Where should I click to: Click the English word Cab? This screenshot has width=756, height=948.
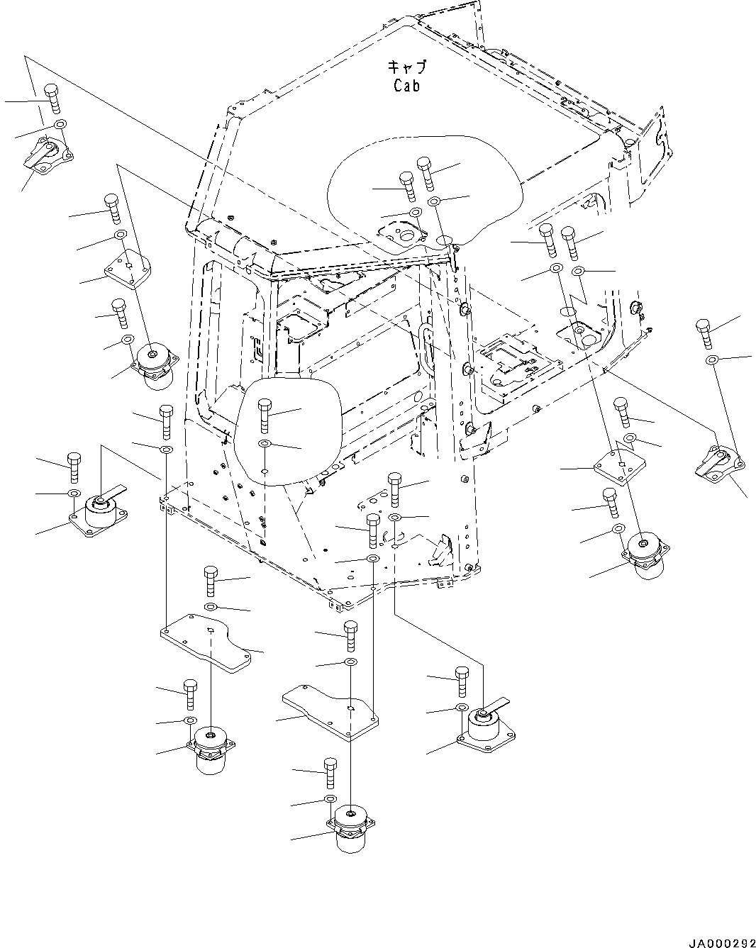(x=407, y=86)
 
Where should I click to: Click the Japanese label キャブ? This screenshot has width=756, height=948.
(x=407, y=68)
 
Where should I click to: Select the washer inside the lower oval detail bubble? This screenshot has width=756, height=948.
(x=265, y=445)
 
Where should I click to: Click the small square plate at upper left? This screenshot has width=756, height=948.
(x=128, y=271)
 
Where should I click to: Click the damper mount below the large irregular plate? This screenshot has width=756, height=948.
(x=211, y=749)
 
